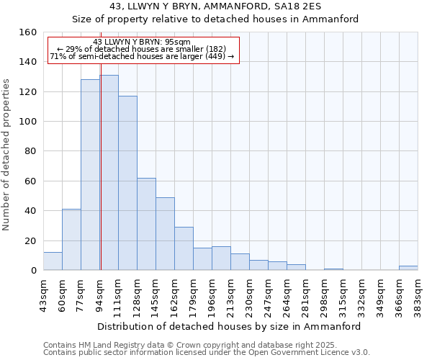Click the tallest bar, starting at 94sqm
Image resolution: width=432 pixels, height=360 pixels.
coord(109,173)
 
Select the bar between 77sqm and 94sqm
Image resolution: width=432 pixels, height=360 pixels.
coord(90,175)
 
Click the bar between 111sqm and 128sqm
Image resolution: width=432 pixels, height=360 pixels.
coord(127,183)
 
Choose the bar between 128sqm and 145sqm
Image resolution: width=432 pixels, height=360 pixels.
coord(146,224)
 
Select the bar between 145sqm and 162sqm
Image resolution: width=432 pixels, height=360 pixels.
coord(165,234)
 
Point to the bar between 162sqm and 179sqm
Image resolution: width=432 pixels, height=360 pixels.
coord(184,248)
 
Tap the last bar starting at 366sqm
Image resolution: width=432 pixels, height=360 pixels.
coord(408,268)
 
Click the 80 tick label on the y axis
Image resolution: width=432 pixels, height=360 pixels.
coord(31,151)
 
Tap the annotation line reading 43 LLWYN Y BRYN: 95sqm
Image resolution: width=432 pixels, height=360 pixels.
coord(142,42)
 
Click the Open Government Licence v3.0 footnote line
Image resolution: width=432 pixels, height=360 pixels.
coord(207,352)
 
